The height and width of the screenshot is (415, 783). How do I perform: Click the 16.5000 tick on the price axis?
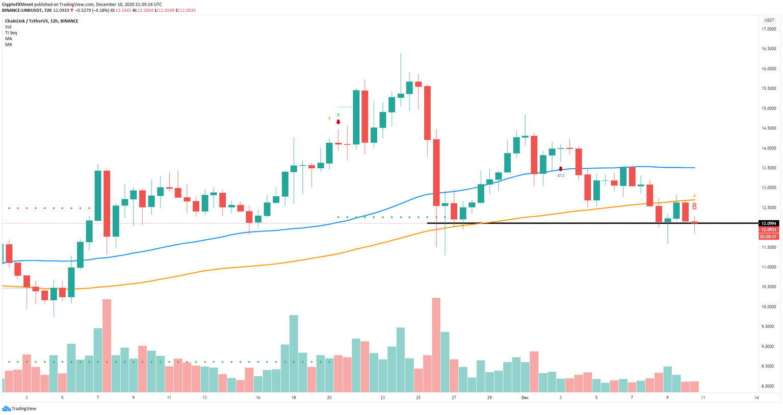coord(769,49)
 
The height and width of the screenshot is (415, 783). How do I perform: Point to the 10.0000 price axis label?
coord(769,307)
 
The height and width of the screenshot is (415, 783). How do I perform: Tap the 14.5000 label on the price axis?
coord(769,128)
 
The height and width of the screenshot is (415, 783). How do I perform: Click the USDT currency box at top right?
coord(769,20)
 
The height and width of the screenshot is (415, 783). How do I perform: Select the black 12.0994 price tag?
coord(768,223)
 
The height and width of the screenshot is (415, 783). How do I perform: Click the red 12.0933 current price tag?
coord(768,230)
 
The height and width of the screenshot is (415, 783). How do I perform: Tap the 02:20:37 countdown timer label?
coord(768,237)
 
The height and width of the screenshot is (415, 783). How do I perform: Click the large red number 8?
coord(694,207)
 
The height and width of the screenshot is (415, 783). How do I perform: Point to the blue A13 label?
coord(561,175)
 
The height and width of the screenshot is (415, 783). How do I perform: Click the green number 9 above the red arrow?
coord(338,115)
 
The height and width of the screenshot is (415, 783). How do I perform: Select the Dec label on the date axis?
coord(525,398)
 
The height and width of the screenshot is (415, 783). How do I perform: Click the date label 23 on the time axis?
coord(382,398)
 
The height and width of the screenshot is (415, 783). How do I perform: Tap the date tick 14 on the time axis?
coord(756,398)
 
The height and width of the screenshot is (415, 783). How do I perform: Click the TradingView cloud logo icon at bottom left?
coord(6,408)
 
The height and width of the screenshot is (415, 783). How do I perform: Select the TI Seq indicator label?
coord(11,33)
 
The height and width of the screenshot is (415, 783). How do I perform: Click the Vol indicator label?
coord(8,27)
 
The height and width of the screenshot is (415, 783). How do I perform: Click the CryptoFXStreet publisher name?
coord(18,4)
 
